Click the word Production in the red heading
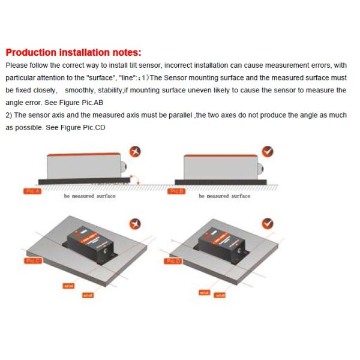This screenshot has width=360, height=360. pyautogui.click(x=29, y=52)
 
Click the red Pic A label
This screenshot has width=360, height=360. pyautogui.click(x=33, y=190)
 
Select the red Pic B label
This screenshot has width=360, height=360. pyautogui.click(x=176, y=190)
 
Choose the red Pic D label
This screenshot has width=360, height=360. pyautogui.click(x=173, y=261)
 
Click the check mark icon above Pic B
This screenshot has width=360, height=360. pyautogui.click(x=268, y=152)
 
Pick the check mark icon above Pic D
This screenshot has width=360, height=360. pyautogui.click(x=268, y=223)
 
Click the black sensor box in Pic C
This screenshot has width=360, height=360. pyautogui.click(x=88, y=246)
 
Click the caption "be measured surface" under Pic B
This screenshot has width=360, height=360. pyautogui.click(x=224, y=196)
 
